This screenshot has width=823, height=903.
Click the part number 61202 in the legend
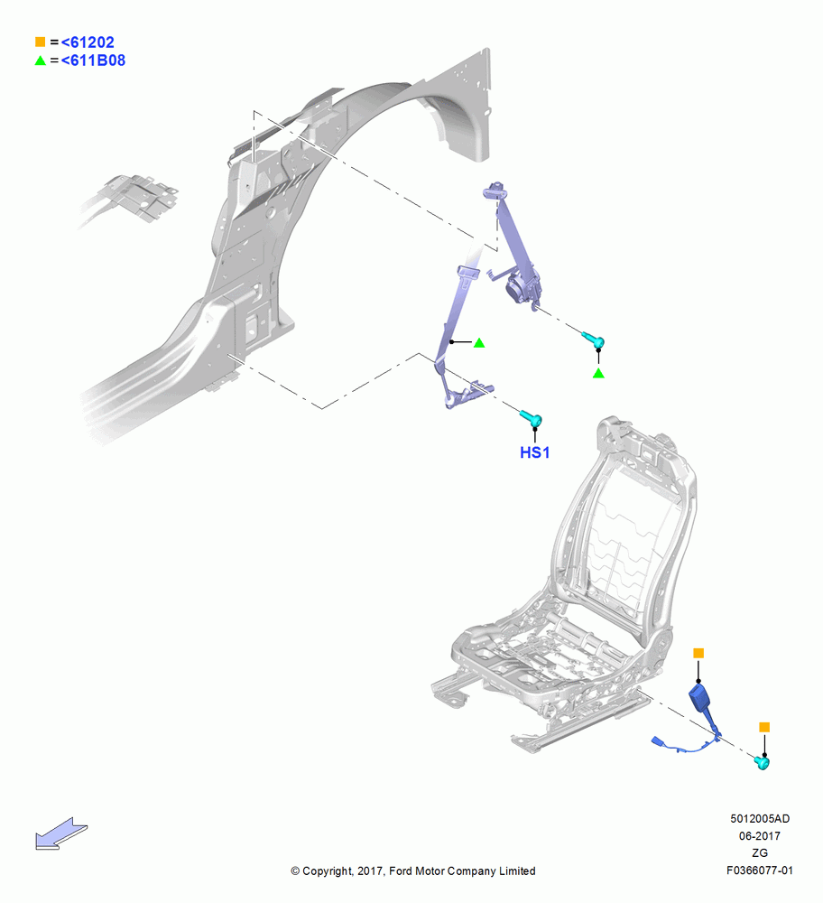[x=91, y=42]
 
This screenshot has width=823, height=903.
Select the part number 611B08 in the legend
[x=97, y=61]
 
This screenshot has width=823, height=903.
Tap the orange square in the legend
[x=41, y=42]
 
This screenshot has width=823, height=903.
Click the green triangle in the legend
[x=41, y=60]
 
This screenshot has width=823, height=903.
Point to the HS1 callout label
[x=534, y=452]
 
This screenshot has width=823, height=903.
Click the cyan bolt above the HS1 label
[x=532, y=418]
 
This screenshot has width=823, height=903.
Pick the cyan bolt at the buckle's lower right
[x=762, y=763]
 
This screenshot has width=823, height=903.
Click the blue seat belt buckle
[x=701, y=701]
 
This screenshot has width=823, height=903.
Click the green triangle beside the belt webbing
[x=479, y=342]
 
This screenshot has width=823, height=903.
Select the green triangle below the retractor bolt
[x=598, y=373]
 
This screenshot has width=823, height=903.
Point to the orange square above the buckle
[x=698, y=653]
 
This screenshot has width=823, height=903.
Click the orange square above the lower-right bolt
[x=764, y=727]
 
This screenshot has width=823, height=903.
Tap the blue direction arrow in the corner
[x=61, y=833]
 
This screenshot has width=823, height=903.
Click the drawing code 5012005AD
[x=760, y=818]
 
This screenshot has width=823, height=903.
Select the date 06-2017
[x=760, y=835]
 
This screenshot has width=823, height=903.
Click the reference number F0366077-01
[x=760, y=870]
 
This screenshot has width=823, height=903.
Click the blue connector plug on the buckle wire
[x=659, y=741]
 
